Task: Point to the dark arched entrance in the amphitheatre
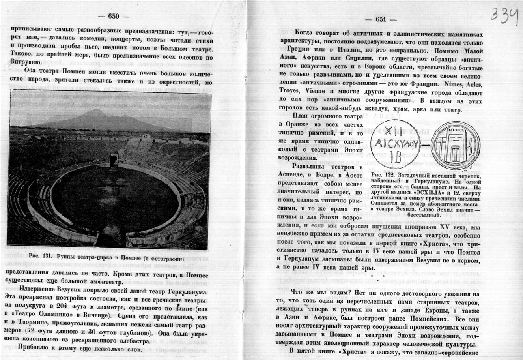pyautogui.click(x=114, y=160)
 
